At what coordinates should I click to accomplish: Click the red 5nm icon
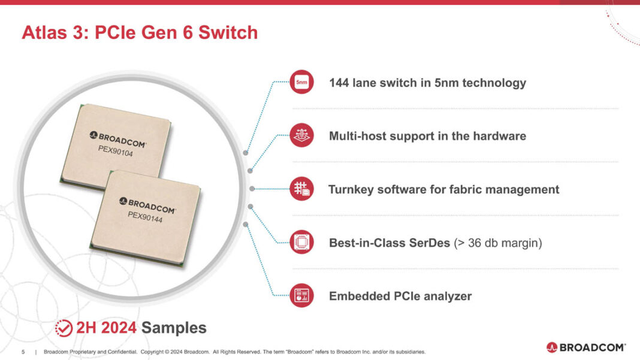pyautogui.click(x=301, y=82)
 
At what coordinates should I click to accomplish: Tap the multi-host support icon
pyautogui.click(x=301, y=135)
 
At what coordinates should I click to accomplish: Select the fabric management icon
pyautogui.click(x=301, y=189)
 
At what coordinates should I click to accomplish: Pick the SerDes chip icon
pyautogui.click(x=301, y=243)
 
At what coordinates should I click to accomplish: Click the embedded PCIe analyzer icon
pyautogui.click(x=301, y=296)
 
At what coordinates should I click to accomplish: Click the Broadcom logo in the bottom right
pyautogui.click(x=585, y=347)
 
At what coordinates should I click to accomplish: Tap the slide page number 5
pyautogui.click(x=23, y=352)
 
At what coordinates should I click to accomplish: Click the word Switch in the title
pyautogui.click(x=230, y=32)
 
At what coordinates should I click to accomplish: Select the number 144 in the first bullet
pyautogui.click(x=339, y=83)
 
